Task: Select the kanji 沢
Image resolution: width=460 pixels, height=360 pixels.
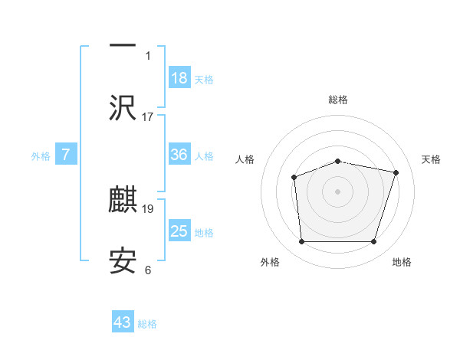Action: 123,108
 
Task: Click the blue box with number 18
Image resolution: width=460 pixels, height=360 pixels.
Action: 179,78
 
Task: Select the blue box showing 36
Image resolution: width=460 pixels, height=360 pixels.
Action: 179,155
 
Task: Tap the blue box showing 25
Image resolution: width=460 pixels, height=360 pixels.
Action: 179,231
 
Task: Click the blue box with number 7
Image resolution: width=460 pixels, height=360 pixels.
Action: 66,155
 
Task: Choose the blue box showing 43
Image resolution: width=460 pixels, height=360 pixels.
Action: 123,322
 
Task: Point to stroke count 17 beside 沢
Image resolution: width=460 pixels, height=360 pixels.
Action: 148,116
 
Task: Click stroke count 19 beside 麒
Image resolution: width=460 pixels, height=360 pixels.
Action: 148,208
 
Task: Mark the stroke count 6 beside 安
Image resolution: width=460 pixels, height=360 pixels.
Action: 148,270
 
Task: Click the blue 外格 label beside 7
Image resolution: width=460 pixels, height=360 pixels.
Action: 41,155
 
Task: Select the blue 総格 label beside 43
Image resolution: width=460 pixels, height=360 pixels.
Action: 147,323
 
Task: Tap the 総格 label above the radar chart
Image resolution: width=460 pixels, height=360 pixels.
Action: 337,100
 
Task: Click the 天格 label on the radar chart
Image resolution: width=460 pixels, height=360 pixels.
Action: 431,159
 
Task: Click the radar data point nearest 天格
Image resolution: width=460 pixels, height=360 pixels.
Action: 396,173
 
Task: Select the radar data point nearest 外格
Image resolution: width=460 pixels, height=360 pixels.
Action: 301,242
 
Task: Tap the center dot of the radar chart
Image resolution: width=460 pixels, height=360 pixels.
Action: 337,191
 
